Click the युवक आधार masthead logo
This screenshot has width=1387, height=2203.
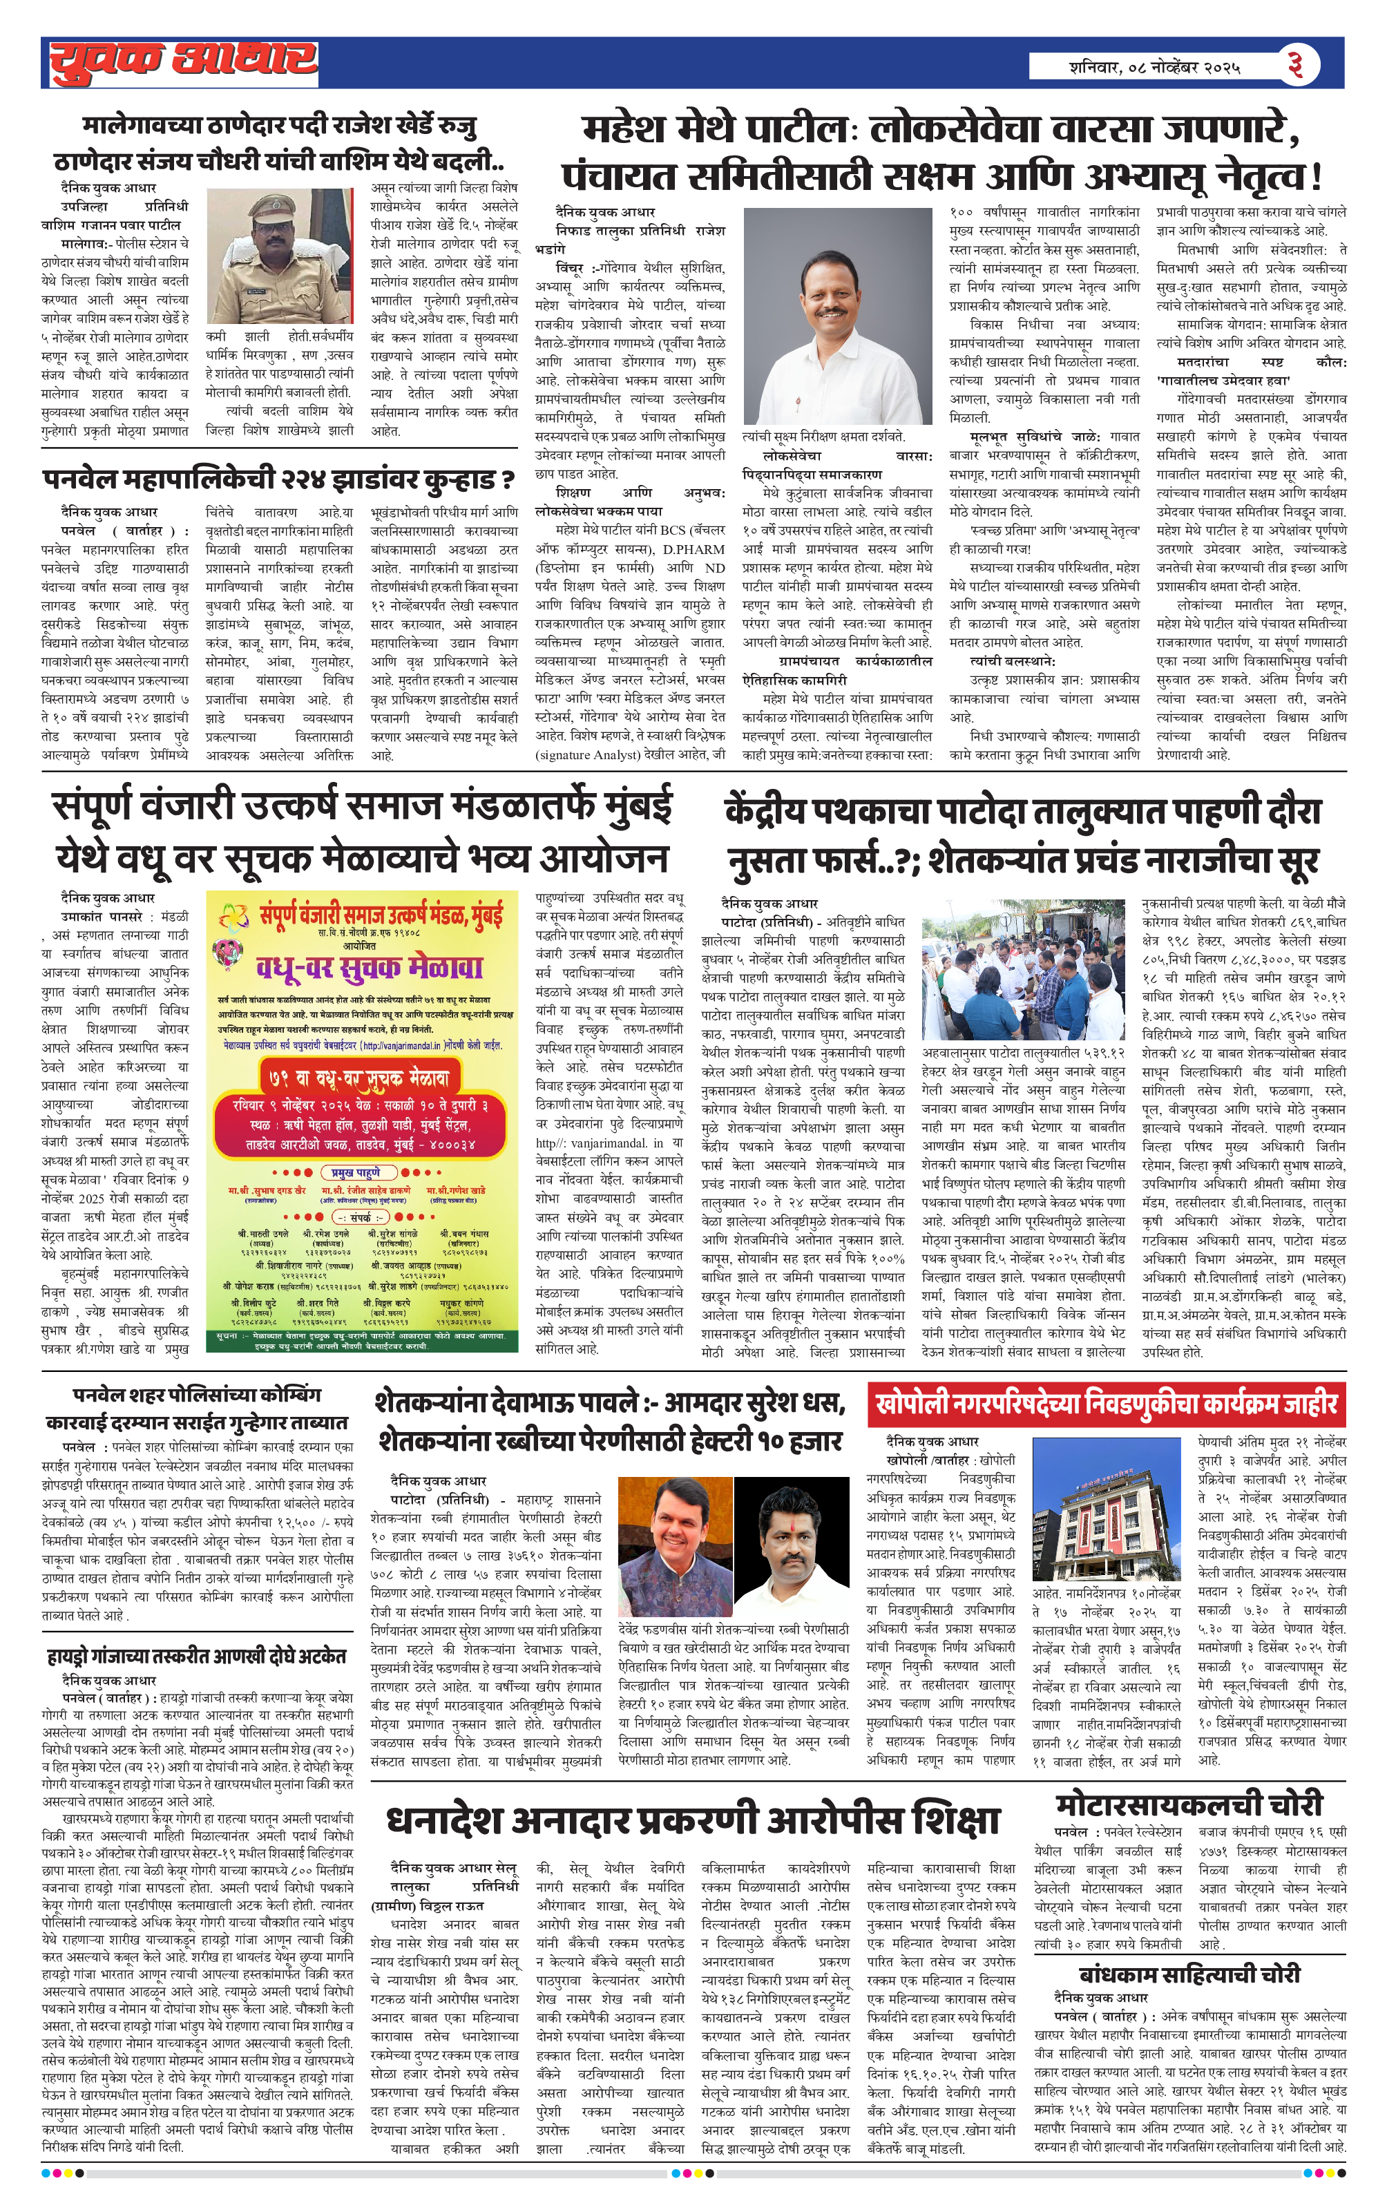(x=183, y=62)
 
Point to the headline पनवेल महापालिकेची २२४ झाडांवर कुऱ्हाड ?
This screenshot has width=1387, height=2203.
(x=278, y=479)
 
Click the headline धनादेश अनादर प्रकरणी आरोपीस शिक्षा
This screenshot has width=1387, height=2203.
(x=693, y=1820)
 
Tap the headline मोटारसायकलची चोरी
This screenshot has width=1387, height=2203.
(x=1189, y=1805)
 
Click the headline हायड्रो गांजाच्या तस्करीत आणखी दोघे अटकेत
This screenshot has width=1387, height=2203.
(x=197, y=1656)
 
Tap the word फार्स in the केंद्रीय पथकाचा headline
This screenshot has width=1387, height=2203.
(x=877, y=861)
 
